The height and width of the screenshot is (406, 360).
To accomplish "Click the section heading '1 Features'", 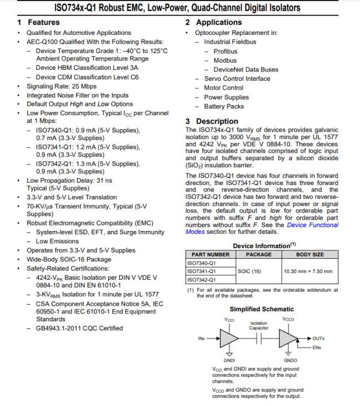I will pos(38,23).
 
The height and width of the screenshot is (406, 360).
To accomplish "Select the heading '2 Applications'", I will pos(213,23).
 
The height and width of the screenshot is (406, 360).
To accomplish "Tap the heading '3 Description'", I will pos(212,121).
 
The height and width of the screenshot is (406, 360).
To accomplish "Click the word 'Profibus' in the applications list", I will pos(225,52).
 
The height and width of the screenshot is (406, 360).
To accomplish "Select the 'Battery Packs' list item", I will pos(224,106).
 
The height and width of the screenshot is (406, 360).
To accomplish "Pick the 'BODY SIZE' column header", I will pos(310,255).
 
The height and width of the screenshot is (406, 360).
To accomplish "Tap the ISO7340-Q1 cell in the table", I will pos(202,263).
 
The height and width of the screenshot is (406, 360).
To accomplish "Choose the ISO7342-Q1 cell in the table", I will pos(202,280).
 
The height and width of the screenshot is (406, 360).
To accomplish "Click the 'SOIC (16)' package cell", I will pos(249,271).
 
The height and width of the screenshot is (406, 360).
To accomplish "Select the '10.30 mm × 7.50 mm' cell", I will pos(308,271).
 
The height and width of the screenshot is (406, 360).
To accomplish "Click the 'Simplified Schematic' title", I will pos(262,309).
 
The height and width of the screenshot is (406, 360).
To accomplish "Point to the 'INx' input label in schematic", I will pos(202,338).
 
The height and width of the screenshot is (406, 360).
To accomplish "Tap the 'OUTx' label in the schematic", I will pos(318,338).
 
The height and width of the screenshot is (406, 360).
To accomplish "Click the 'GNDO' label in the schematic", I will pos(290,361).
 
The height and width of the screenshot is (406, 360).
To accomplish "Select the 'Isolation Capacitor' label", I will pos(259,326).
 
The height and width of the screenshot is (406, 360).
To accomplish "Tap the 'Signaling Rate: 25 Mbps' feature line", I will pos(61,87).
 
